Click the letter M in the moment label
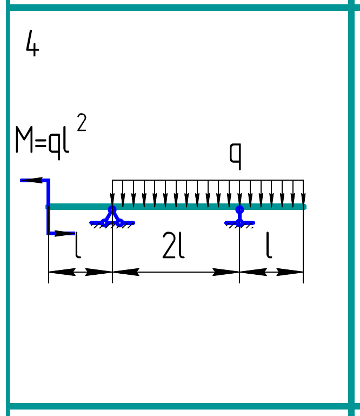(23, 141)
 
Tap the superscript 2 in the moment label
(82, 123)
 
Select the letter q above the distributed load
(235, 155)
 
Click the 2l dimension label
(174, 247)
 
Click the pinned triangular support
(112, 217)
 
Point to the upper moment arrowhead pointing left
(30, 180)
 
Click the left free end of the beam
(48, 206)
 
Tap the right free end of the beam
(304, 206)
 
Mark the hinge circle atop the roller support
(239, 209)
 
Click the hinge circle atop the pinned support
(112, 209)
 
